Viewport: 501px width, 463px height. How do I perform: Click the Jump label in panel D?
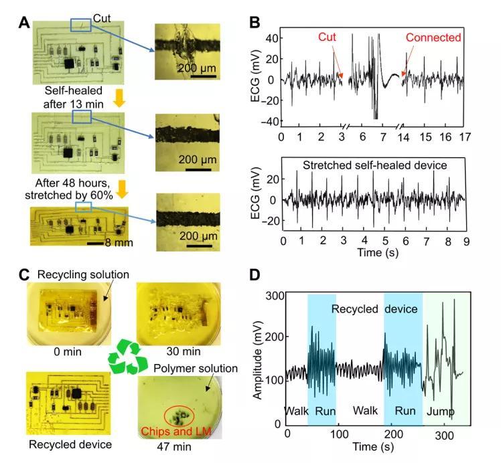[x=441, y=409]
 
